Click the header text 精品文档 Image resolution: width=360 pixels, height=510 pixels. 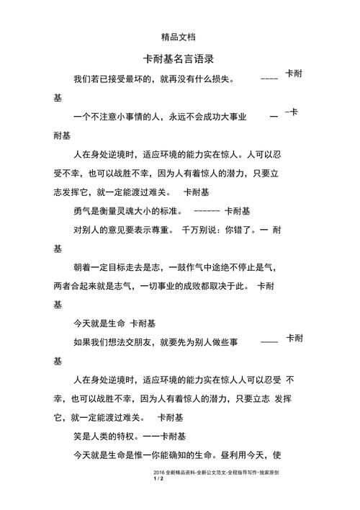click(x=179, y=35)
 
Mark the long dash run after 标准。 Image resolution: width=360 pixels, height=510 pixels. click(x=207, y=212)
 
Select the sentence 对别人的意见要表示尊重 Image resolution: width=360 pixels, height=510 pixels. click(x=123, y=231)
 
